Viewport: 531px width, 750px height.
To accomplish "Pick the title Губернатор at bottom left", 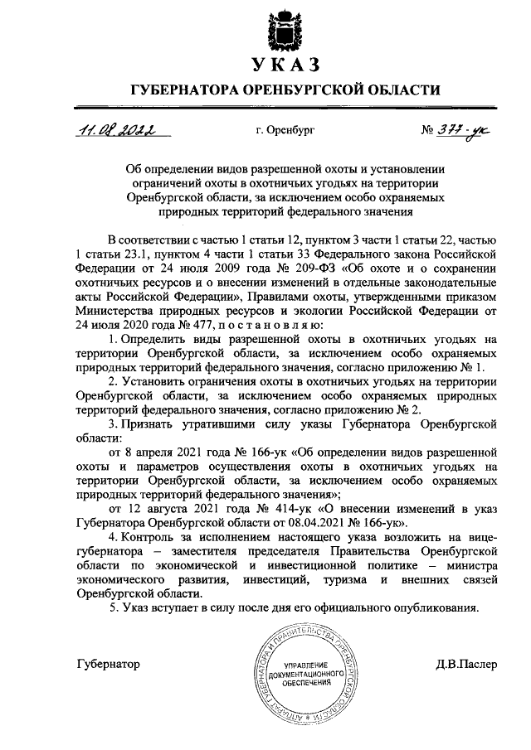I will [107, 665].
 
